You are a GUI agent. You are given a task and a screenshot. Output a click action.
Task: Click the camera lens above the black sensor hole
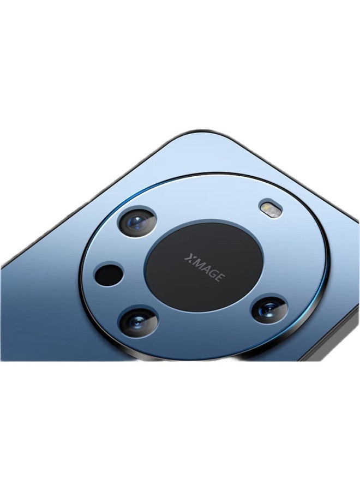(x=137, y=222)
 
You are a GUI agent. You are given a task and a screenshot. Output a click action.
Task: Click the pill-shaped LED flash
(x=271, y=208)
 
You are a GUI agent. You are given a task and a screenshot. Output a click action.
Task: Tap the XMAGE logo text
(x=204, y=267)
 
